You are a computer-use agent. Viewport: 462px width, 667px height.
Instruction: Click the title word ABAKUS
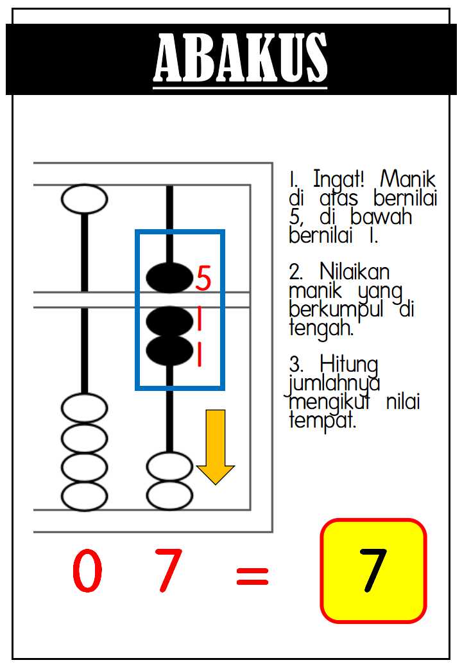[x=240, y=58]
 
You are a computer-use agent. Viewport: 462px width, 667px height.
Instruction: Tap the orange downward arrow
[x=216, y=447]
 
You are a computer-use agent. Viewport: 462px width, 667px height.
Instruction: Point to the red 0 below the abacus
[x=87, y=570]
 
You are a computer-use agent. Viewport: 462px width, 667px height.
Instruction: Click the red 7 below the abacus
[x=168, y=570]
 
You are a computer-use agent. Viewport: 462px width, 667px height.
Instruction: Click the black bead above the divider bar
[x=169, y=278]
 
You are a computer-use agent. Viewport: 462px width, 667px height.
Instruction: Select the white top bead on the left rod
[x=85, y=199]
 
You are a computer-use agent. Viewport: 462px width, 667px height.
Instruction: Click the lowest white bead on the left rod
[x=85, y=496]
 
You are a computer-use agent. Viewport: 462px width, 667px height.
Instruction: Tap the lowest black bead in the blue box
[x=169, y=351]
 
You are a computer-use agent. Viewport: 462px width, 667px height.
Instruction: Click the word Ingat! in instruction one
[x=339, y=179]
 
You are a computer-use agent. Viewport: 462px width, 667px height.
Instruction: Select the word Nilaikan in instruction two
[x=354, y=272]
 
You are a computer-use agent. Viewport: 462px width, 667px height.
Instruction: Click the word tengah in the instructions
[x=321, y=328]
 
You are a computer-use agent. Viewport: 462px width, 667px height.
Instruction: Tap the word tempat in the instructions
[x=322, y=420]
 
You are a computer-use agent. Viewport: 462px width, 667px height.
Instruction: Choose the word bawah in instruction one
[x=381, y=216]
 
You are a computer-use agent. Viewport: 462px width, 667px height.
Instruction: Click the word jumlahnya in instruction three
[x=334, y=383]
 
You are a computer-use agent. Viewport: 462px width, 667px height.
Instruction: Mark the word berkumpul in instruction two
[x=336, y=309]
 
